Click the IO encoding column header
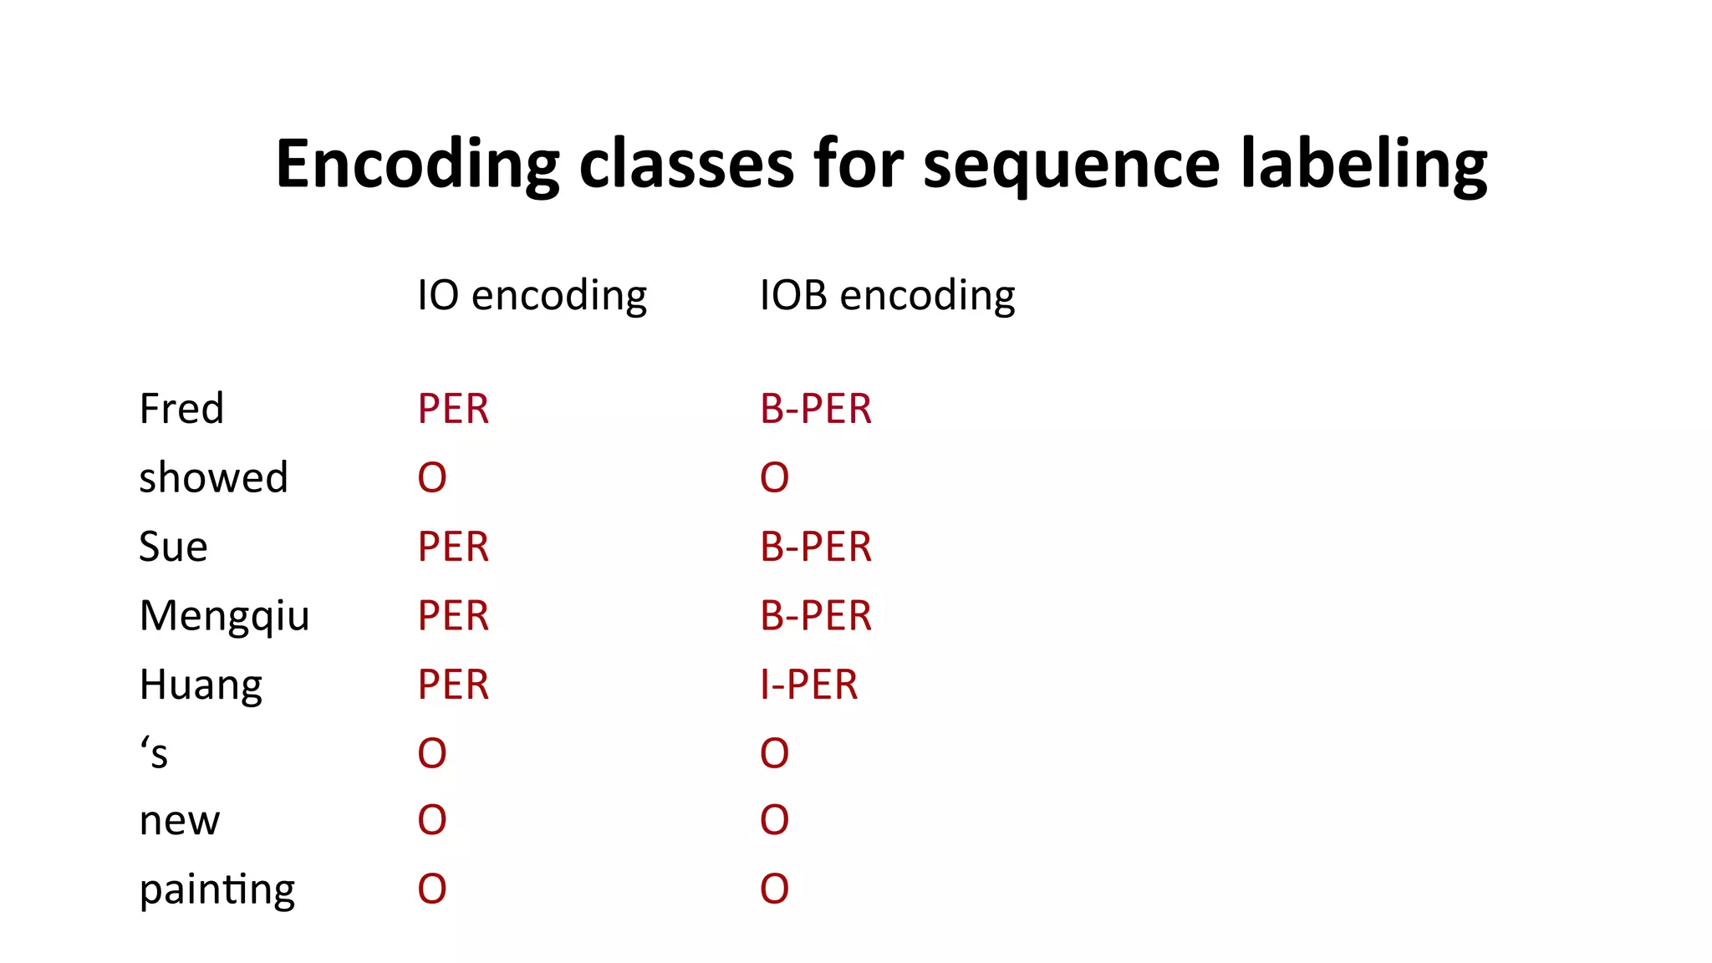[x=532, y=295]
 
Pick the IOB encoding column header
[x=887, y=295]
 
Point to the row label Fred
[x=181, y=409]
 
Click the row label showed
[x=213, y=477]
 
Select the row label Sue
[x=173, y=547]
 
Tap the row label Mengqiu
[x=224, y=616]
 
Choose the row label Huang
[x=201, y=685]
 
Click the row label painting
[x=217, y=889]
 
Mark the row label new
[x=180, y=821]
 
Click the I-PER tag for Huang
[x=808, y=685]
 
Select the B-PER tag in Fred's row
[x=816, y=409]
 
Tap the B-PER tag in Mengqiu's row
[x=816, y=616]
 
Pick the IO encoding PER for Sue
[x=453, y=547]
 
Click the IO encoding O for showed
[x=432, y=477]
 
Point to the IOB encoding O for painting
[x=774, y=889]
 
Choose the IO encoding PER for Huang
[x=453, y=685]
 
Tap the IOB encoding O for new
[x=774, y=820]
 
